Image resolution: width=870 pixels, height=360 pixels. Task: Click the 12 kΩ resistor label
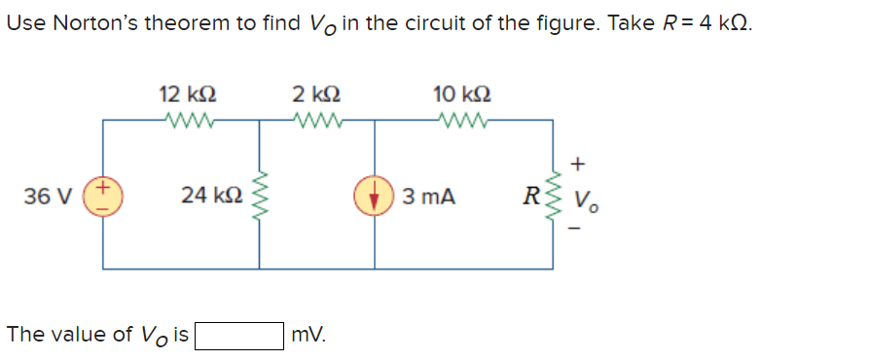(x=187, y=95)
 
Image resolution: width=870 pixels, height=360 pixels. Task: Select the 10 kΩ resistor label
(x=461, y=95)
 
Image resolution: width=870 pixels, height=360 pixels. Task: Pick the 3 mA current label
(x=428, y=196)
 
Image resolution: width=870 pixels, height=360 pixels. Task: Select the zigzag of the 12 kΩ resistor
(x=186, y=122)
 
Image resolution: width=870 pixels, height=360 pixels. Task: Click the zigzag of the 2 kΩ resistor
(x=316, y=122)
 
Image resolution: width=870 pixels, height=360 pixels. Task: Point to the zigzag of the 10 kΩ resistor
(x=461, y=122)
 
